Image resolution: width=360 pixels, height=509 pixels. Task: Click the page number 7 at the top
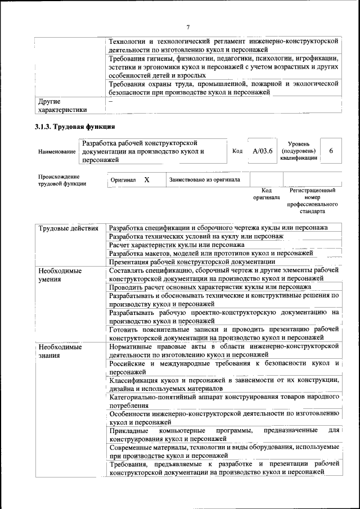click(188, 27)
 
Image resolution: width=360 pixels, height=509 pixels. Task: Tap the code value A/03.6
click(262, 151)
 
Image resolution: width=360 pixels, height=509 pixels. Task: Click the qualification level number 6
click(331, 151)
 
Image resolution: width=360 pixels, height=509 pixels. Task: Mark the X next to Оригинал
click(147, 180)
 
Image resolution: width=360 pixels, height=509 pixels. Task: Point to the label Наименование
click(57, 152)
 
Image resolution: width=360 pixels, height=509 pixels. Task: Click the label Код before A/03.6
click(237, 151)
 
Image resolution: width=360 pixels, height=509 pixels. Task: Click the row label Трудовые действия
click(69, 228)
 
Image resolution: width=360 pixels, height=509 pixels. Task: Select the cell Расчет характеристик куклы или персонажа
click(177, 245)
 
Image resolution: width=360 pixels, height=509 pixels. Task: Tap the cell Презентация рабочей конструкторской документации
click(192, 262)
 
